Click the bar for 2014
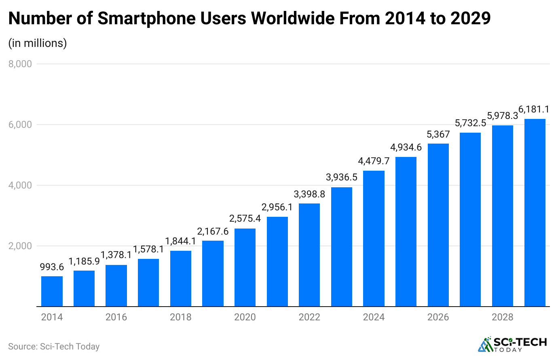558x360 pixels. [52, 291]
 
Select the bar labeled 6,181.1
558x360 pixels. [535, 213]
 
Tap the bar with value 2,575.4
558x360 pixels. [245, 267]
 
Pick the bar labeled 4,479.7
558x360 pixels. [374, 239]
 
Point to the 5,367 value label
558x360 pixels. [438, 134]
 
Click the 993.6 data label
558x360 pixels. [52, 267]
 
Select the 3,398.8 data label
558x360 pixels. [309, 194]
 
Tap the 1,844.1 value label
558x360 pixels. [180, 241]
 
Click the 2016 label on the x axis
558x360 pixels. [116, 317]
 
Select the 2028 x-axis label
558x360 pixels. [502, 317]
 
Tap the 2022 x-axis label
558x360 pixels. [309, 317]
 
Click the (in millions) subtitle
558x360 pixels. [38, 43]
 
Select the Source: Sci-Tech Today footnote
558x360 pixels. [54, 347]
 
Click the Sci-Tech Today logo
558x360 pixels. [512, 344]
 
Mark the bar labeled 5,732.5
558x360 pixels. [470, 220]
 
